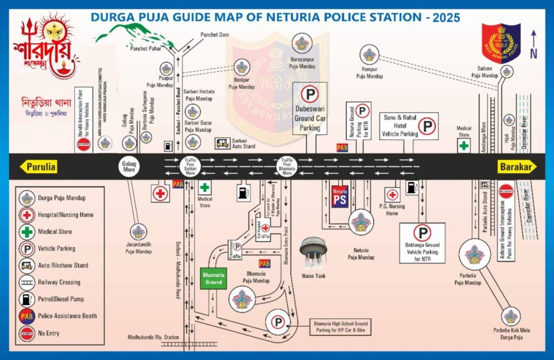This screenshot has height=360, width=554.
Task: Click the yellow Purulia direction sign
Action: pyautogui.click(x=38, y=167)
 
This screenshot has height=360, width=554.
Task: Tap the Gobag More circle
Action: pyautogui.click(x=129, y=167)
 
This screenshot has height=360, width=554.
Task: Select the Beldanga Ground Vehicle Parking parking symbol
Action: pyautogui.click(x=422, y=233)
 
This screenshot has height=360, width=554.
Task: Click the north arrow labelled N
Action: pyautogui.click(x=533, y=43)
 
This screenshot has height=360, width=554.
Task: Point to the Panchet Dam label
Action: pyautogui.click(x=215, y=35)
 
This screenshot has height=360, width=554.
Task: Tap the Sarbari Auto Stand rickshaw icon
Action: pyautogui.click(x=222, y=143)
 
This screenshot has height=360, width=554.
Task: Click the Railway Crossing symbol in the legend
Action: pyautogui.click(x=27, y=282)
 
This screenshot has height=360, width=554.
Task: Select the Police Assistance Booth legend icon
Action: pyautogui.click(x=27, y=316)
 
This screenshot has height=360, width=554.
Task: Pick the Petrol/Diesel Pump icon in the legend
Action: pyautogui.click(x=27, y=299)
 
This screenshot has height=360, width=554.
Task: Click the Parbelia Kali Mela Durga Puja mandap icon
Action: pyautogui.click(x=510, y=317)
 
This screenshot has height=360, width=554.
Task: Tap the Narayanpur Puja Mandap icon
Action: pyautogui.click(x=302, y=42)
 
